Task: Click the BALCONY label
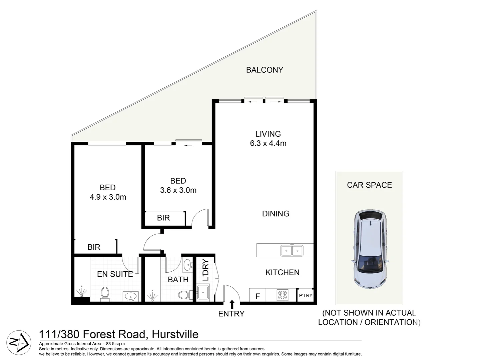point(265,70)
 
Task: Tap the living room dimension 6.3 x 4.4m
point(268,144)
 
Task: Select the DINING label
point(276,214)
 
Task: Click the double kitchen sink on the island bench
point(292,250)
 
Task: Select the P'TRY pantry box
point(306,295)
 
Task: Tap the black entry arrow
point(232,304)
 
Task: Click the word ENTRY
point(231,314)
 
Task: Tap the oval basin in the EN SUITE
point(130,296)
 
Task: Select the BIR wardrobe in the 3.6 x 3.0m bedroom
point(164,218)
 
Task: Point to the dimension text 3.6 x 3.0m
point(178,190)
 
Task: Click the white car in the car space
point(370,249)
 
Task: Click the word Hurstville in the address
point(175,334)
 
